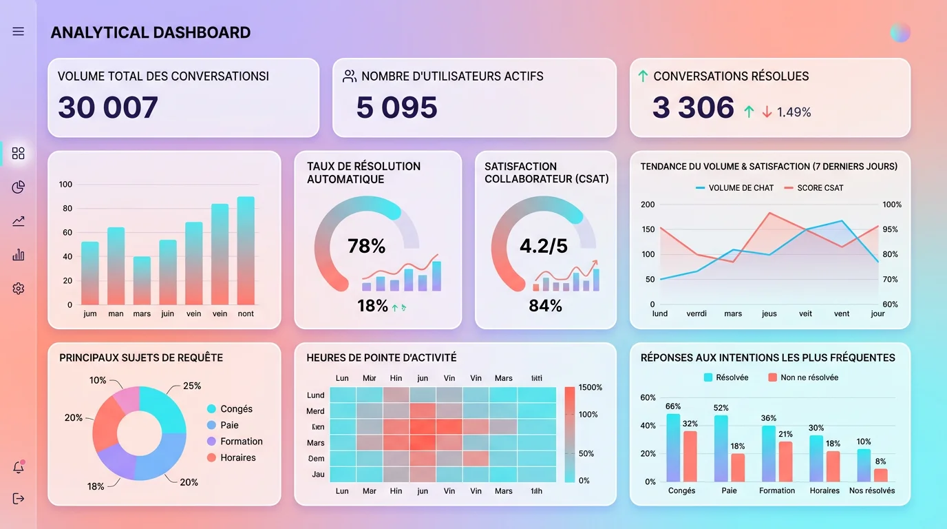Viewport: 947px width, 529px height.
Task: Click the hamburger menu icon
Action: [x=19, y=32]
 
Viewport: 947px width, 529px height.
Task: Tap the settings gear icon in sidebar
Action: [x=19, y=289]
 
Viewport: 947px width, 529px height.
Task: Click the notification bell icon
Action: [x=19, y=468]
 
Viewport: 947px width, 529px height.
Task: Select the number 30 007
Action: [x=108, y=107]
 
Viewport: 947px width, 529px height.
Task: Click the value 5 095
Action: [x=397, y=107]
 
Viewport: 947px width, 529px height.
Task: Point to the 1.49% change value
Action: [x=794, y=112]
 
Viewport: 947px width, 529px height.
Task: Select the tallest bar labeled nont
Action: [x=246, y=251]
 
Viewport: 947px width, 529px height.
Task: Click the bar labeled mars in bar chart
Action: [x=142, y=281]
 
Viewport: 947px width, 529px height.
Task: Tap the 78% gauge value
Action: [x=367, y=246]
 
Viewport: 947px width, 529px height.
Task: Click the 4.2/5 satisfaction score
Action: [x=544, y=246]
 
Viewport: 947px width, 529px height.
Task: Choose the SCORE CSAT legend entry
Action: [x=819, y=188]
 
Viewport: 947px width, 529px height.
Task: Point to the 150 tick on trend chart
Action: [x=648, y=229]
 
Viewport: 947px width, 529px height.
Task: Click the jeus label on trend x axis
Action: [x=769, y=314]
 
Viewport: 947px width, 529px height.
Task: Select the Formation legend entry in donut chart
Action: [x=241, y=442]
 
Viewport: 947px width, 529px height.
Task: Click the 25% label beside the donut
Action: [x=192, y=386]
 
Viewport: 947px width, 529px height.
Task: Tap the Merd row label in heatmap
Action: [x=315, y=411]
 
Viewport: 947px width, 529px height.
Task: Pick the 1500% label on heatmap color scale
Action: [x=590, y=388]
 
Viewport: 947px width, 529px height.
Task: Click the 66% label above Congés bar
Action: [x=673, y=406]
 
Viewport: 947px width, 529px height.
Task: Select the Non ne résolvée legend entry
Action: [x=809, y=377]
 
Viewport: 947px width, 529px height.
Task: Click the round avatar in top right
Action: [x=900, y=32]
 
